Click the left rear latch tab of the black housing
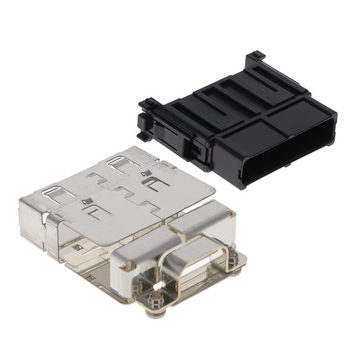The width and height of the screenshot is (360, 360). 147,104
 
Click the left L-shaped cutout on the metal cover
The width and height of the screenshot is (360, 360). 93,211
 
